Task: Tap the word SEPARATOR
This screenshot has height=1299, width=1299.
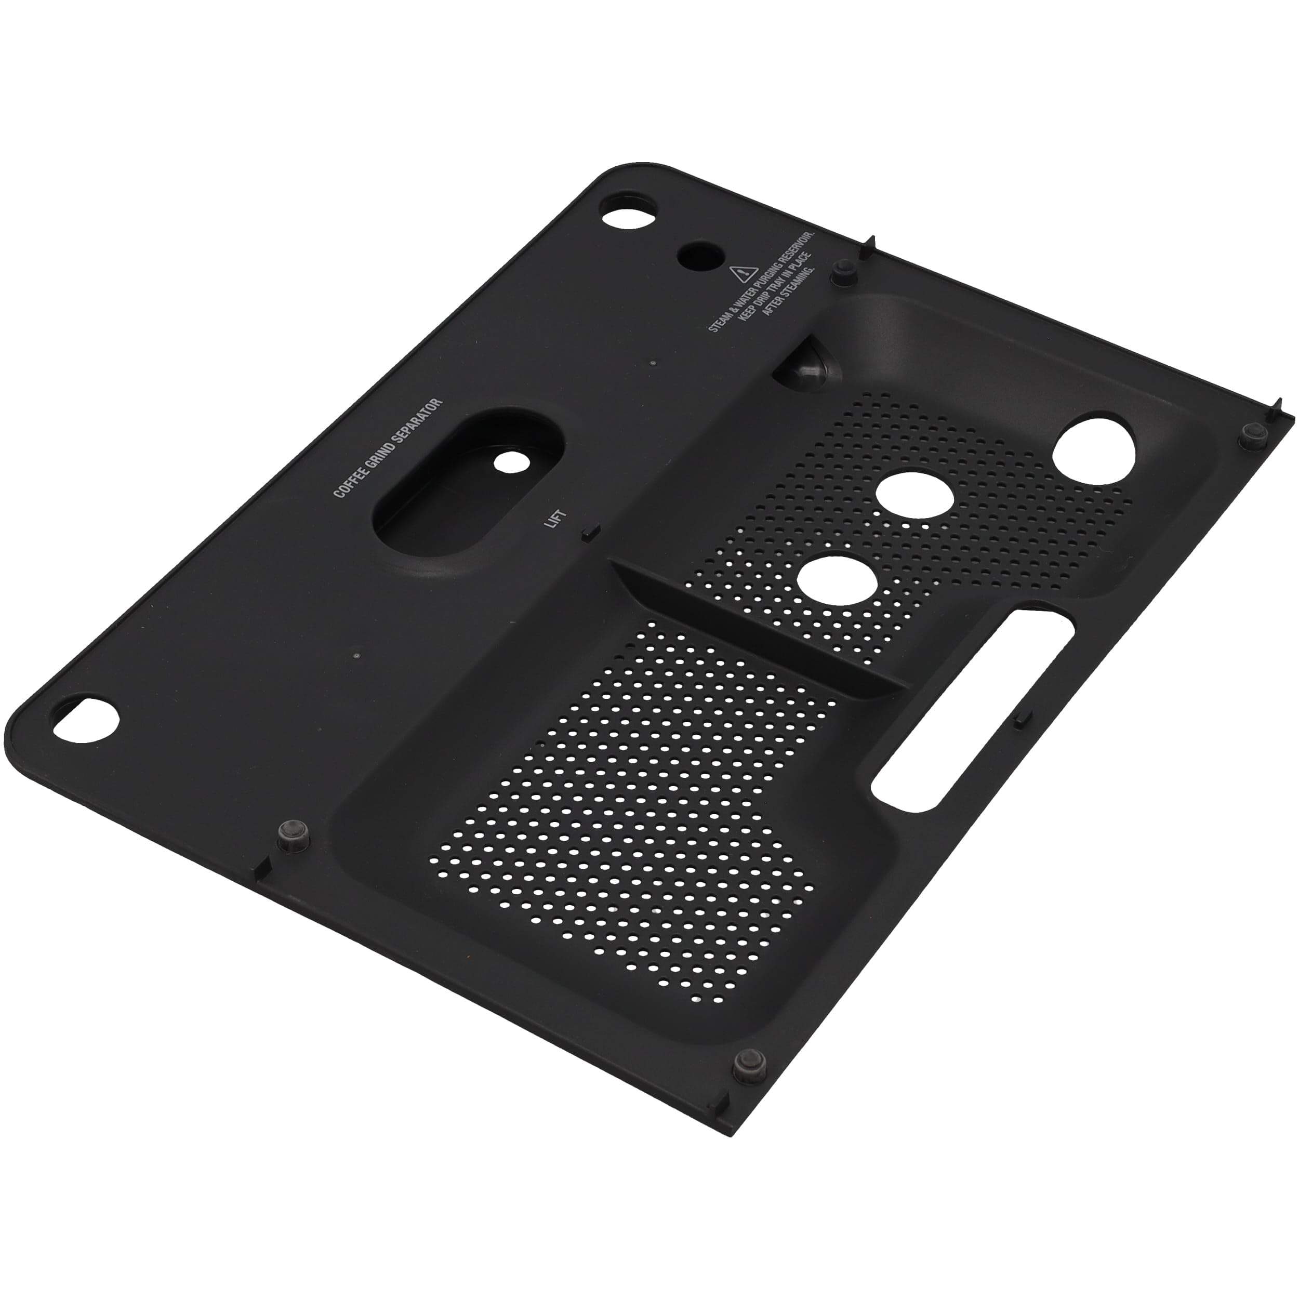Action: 418,419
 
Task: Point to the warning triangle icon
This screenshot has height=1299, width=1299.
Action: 740,274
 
